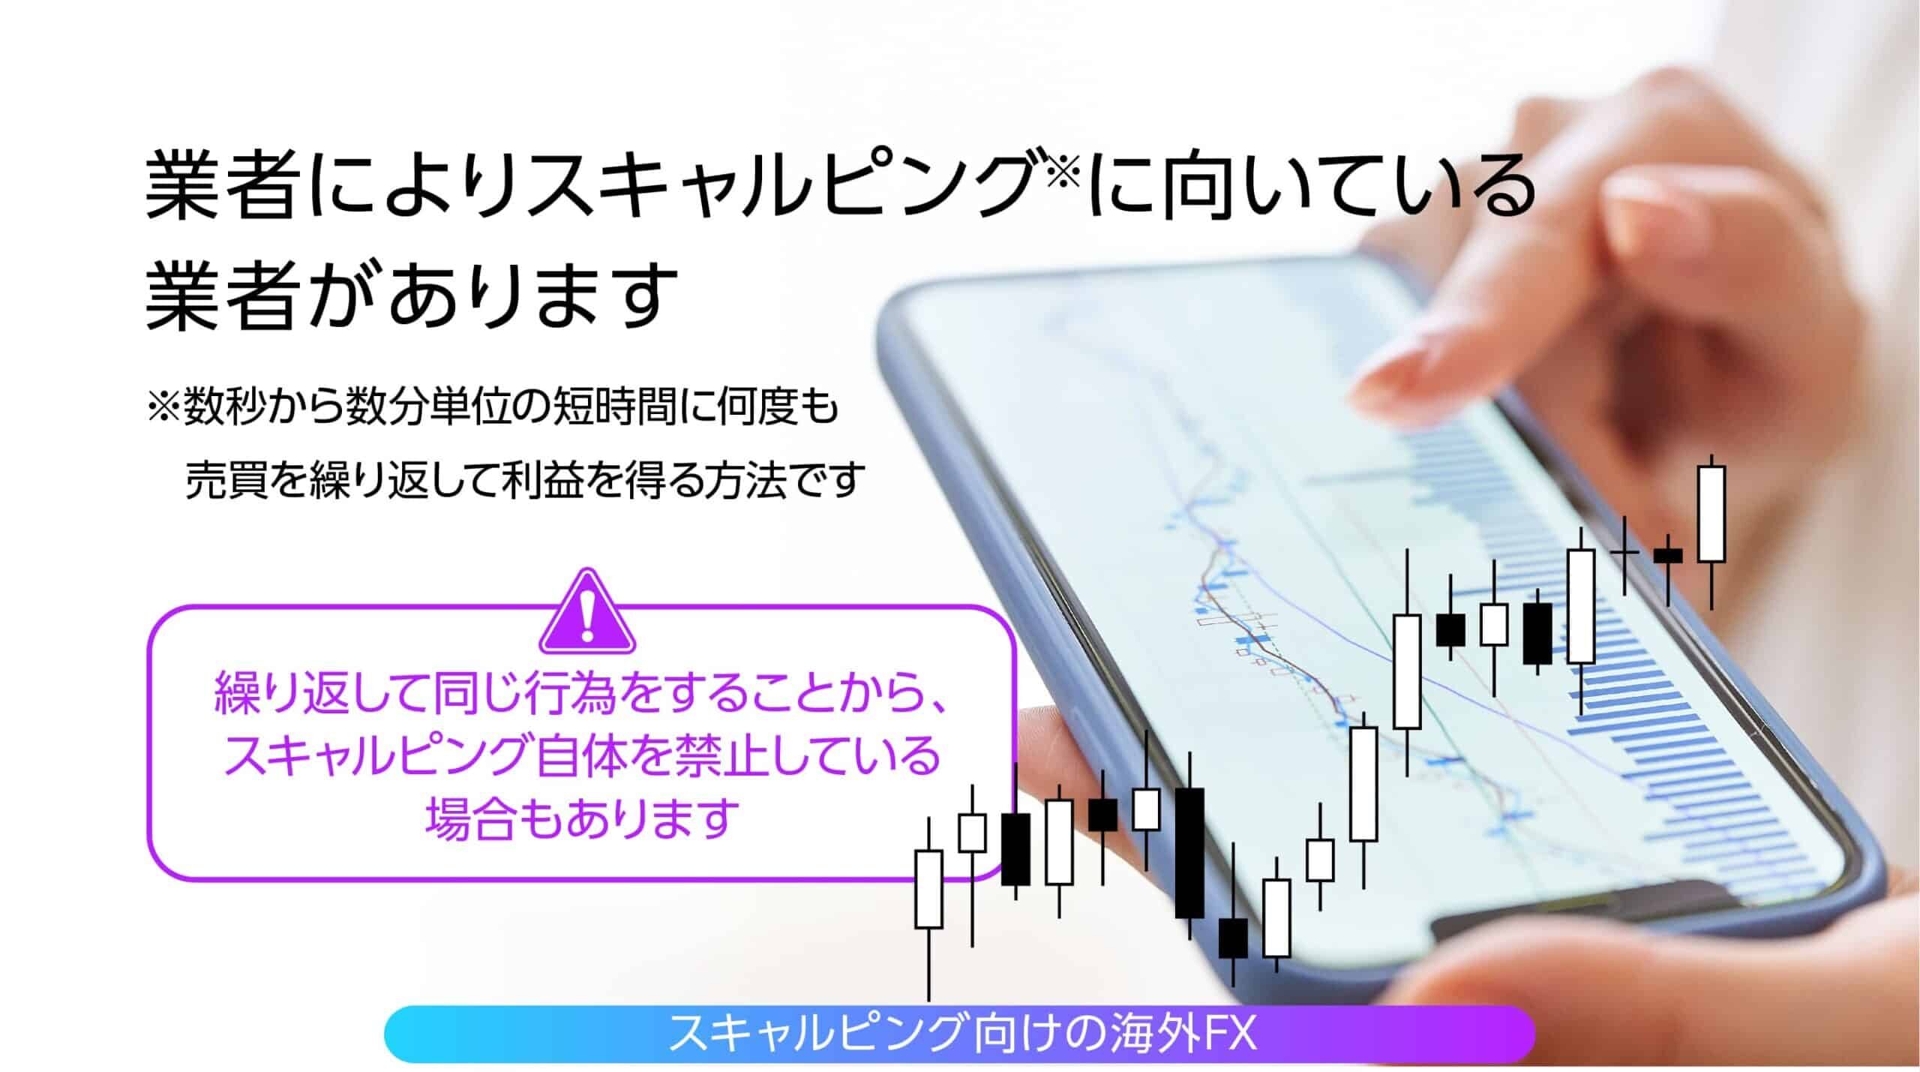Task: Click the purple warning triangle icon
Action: tap(587, 612)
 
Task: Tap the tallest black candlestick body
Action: tap(1189, 852)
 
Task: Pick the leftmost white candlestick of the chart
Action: tap(928, 888)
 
